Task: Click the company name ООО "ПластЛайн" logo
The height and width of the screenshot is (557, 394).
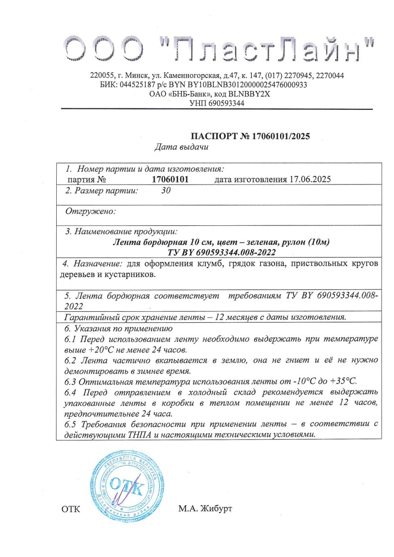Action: pos(219,49)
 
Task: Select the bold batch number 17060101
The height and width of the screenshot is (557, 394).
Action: pos(170,179)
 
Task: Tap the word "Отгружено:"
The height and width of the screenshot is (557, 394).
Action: pos(91,211)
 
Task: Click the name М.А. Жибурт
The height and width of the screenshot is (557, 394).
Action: pos(205,508)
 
